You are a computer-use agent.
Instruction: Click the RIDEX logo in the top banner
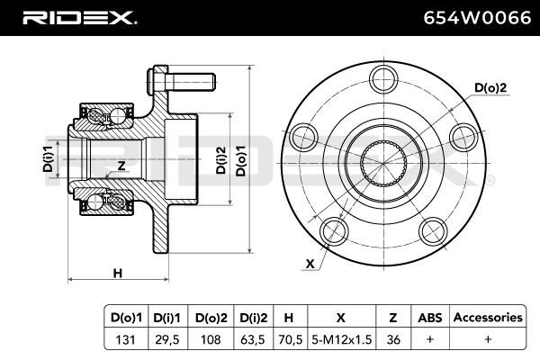[x=79, y=18]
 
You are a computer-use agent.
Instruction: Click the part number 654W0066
[x=477, y=18]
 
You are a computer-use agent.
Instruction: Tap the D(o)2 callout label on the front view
[x=490, y=88]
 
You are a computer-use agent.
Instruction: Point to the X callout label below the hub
[x=310, y=264]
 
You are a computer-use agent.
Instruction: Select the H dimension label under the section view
[x=118, y=274]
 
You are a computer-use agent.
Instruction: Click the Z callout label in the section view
[x=121, y=166]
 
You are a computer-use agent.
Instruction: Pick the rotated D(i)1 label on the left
[x=48, y=158]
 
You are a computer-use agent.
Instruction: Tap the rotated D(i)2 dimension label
[x=220, y=160]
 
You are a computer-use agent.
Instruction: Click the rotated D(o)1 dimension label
[x=240, y=160]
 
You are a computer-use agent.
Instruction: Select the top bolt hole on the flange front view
[x=384, y=79]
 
